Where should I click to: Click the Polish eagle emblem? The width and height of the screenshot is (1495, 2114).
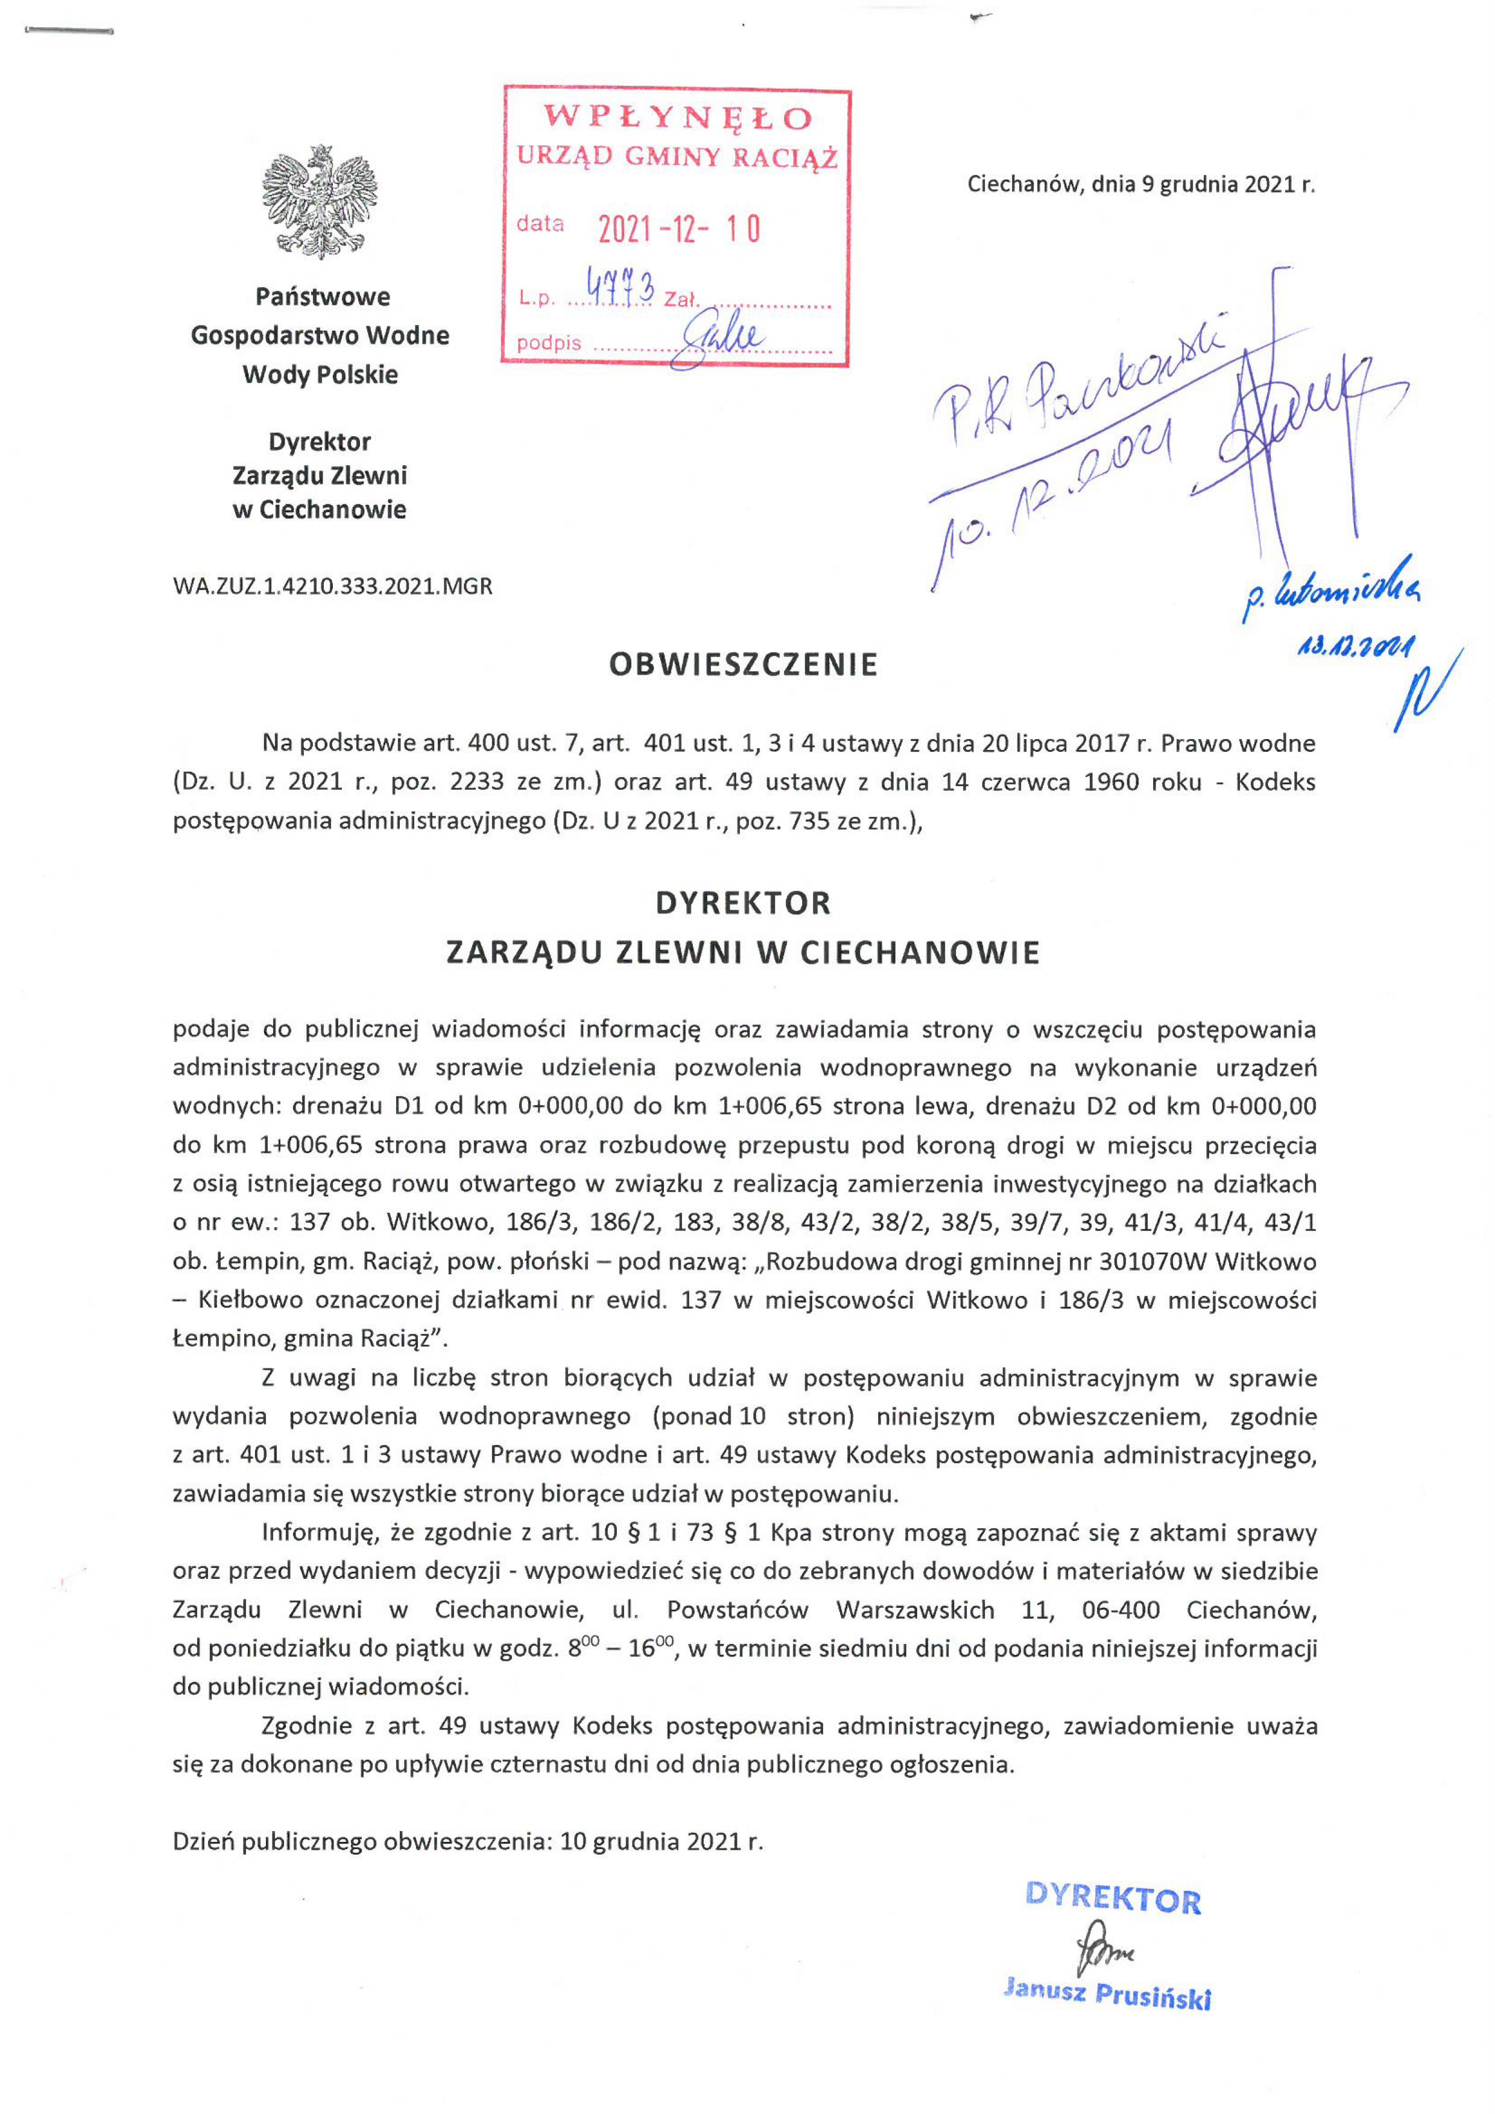point(320,202)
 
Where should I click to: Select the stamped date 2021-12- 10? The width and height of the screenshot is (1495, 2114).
point(678,228)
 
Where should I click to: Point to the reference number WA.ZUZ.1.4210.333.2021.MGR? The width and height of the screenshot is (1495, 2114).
point(332,586)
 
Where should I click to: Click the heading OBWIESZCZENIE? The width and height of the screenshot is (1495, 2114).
point(743,665)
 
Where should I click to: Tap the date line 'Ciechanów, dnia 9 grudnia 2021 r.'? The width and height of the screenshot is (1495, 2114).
point(1140,184)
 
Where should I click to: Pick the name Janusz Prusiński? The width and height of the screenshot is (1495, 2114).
point(1107,1995)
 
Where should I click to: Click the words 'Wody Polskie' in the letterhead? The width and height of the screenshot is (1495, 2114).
point(320,375)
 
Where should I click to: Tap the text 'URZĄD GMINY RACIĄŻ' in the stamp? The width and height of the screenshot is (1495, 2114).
point(677,156)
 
